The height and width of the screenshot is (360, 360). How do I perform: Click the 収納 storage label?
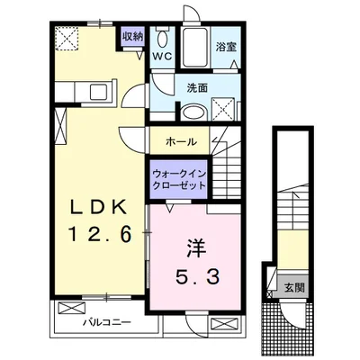[132, 37]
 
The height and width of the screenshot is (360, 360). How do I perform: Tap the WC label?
[162, 56]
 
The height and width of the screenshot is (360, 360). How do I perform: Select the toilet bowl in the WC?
[163, 38]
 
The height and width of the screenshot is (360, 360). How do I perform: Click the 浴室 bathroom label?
[226, 47]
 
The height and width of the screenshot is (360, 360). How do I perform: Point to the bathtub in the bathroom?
[194, 48]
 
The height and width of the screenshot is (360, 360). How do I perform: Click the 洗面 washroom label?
[197, 87]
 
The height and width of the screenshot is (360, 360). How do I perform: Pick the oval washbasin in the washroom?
[193, 112]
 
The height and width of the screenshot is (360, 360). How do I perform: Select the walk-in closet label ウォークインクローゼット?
[179, 179]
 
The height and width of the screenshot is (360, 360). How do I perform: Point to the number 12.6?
[100, 234]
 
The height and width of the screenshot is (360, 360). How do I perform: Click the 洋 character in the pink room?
[197, 248]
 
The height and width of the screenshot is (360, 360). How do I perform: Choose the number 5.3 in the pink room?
[198, 276]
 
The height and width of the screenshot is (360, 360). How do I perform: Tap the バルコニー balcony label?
[107, 322]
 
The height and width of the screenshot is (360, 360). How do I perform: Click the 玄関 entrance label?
[294, 288]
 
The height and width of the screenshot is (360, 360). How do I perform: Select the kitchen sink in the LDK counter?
[99, 91]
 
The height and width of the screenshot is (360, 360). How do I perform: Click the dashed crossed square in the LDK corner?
[67, 38]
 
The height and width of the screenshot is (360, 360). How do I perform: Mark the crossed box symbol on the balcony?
[71, 308]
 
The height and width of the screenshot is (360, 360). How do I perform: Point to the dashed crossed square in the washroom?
[223, 109]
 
